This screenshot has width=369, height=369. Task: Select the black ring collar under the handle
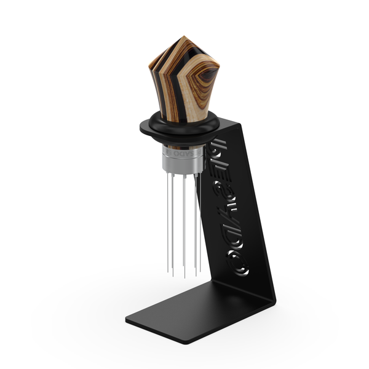pos(178,125)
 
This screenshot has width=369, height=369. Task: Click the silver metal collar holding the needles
pos(179,159)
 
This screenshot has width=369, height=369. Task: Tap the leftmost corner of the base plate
pos(127,320)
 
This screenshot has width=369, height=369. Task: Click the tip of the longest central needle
pos(184,278)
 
